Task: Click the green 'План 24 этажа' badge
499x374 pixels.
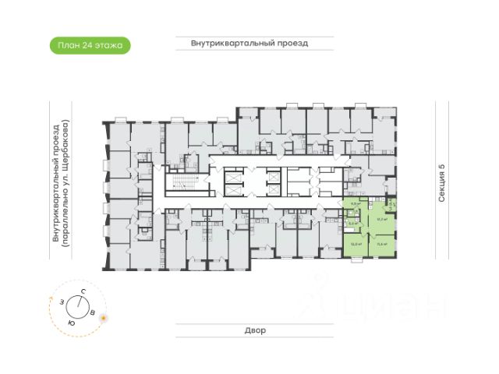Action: [x=90, y=46]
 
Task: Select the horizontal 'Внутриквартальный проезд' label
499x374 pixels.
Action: [x=249, y=44]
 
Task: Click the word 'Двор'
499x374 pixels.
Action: [x=255, y=330]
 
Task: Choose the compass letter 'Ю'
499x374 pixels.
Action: [x=71, y=322]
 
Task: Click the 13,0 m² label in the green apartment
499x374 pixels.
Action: [x=356, y=244]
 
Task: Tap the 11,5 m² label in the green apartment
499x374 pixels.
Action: [x=382, y=244]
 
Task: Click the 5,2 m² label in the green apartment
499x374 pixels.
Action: [x=352, y=224]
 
